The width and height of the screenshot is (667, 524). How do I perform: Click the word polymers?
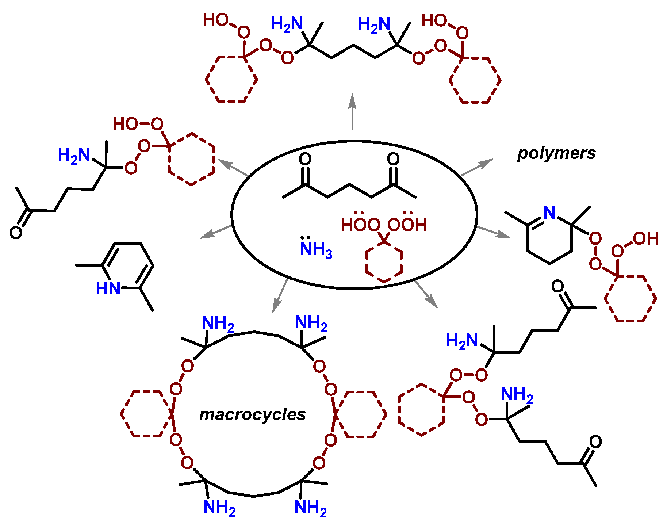[x=556, y=153]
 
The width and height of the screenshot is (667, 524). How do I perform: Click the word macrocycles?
[x=252, y=414]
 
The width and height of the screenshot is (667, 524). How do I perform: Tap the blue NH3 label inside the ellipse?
[x=316, y=249]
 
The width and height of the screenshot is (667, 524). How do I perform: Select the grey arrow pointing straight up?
[x=352, y=111]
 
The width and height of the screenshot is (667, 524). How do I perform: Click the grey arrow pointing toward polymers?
[x=476, y=168]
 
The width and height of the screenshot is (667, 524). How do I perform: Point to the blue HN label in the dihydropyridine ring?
[x=108, y=288]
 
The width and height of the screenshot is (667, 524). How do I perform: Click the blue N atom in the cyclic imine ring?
[x=549, y=213]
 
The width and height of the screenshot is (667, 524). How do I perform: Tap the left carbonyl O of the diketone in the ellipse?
[x=305, y=159]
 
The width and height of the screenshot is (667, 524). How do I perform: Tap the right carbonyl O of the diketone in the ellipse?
[x=393, y=159]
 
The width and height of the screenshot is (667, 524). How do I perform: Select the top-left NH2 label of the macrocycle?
[x=218, y=324]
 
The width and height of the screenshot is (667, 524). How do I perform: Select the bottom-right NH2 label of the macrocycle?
[x=310, y=508]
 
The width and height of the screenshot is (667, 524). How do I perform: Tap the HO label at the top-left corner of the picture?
[x=215, y=20]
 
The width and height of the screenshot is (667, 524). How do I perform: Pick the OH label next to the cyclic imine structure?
[x=645, y=239]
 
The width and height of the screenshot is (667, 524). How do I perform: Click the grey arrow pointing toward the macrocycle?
[x=279, y=296]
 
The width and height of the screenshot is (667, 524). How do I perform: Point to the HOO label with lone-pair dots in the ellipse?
[x=360, y=225]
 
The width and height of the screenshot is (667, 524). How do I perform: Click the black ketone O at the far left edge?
[x=16, y=233]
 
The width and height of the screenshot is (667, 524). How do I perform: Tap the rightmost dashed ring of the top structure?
[x=475, y=80]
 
